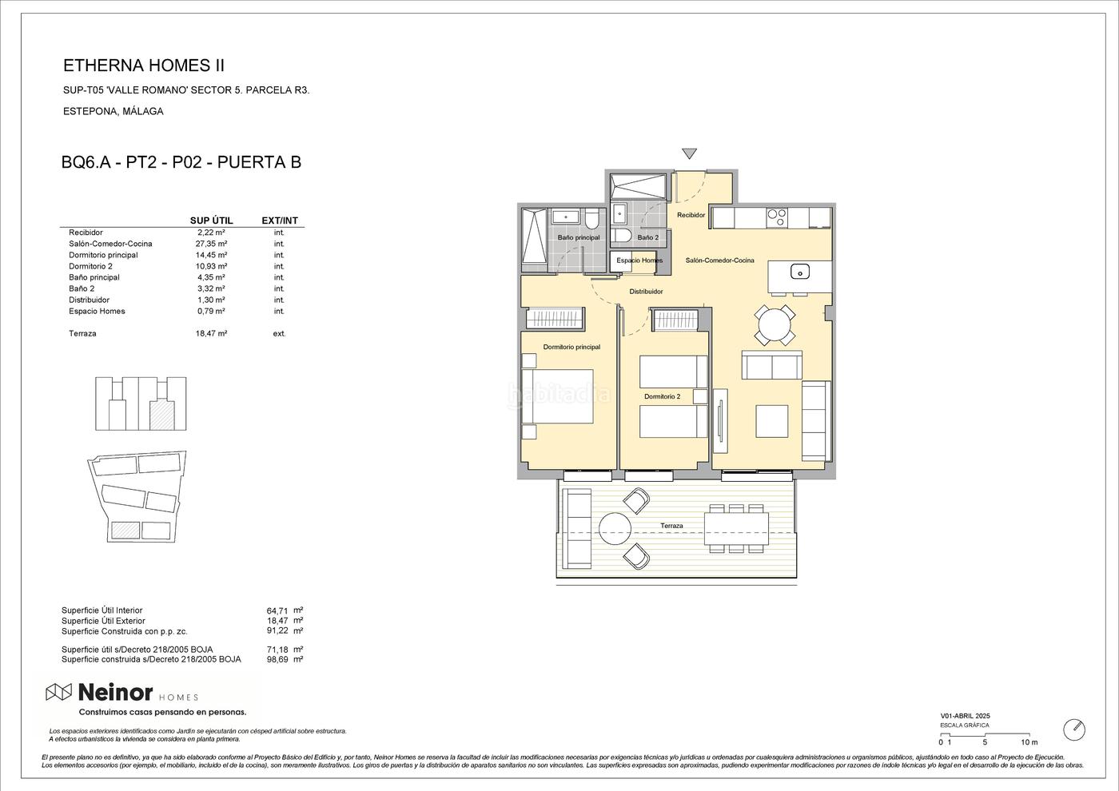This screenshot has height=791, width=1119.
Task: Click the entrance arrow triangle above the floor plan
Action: [689, 153]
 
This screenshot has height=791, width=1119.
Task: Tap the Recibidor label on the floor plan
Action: [691, 215]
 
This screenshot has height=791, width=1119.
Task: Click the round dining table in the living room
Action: [775, 325]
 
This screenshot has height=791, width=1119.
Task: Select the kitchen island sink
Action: [800, 272]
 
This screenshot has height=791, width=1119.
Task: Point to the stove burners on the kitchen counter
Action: [777, 217]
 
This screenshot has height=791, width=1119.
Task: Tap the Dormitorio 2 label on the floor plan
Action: [662, 396]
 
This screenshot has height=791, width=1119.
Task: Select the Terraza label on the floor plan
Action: [671, 526]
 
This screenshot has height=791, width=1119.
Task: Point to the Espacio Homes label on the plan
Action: [639, 260]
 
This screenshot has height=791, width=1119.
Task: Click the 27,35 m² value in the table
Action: [211, 244]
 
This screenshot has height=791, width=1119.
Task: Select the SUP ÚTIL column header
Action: [211, 221]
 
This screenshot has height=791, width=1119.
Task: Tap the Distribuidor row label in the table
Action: [89, 300]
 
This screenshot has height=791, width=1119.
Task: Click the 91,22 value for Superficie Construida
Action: [277, 630]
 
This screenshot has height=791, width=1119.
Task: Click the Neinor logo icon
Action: [59, 693]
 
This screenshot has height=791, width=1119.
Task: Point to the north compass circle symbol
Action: [1074, 730]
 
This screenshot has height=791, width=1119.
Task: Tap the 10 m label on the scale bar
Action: [1029, 742]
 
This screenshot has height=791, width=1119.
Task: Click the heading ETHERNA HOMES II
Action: [144, 66]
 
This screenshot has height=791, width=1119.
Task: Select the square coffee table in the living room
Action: [772, 422]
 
